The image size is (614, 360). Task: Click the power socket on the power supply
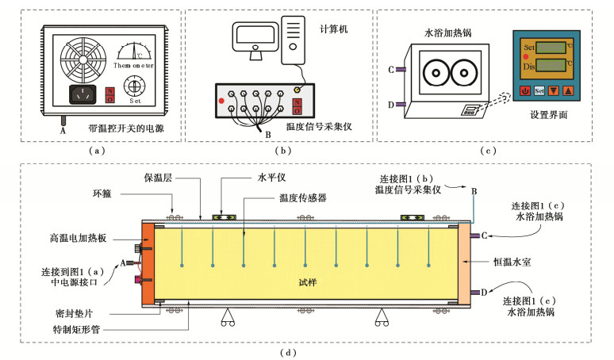(82, 96)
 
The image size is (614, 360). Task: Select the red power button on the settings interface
(526, 90)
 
